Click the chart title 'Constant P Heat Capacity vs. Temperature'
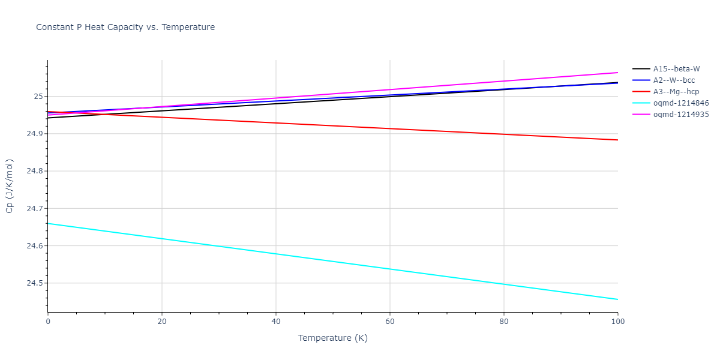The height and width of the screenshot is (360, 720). (125, 27)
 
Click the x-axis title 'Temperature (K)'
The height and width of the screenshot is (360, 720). (333, 338)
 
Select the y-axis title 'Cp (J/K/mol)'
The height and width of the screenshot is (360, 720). (10, 186)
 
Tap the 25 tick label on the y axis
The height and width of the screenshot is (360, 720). (40, 97)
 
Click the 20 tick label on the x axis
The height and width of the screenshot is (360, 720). (162, 322)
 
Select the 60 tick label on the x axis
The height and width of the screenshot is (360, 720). (390, 322)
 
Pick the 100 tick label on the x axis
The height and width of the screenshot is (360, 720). (617, 322)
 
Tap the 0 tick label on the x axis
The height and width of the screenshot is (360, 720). (48, 322)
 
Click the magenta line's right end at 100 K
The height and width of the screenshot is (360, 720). (617, 73)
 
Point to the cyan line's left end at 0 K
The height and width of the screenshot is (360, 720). (48, 223)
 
